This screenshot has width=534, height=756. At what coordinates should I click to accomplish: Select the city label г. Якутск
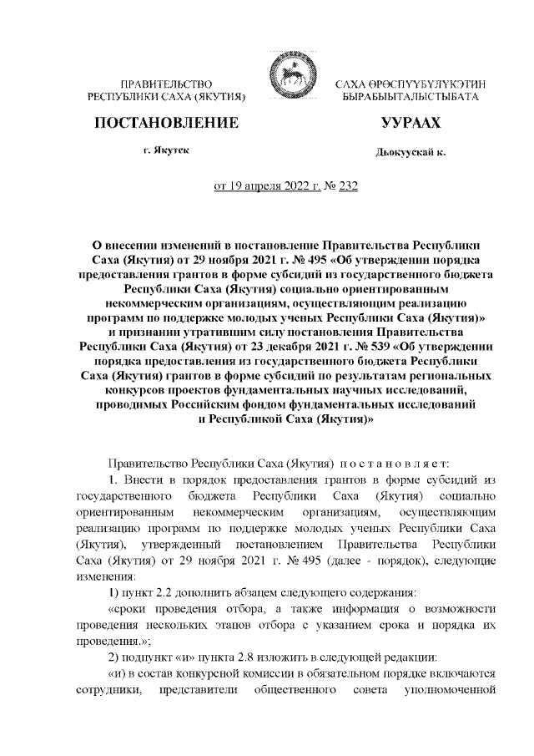[165, 150]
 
